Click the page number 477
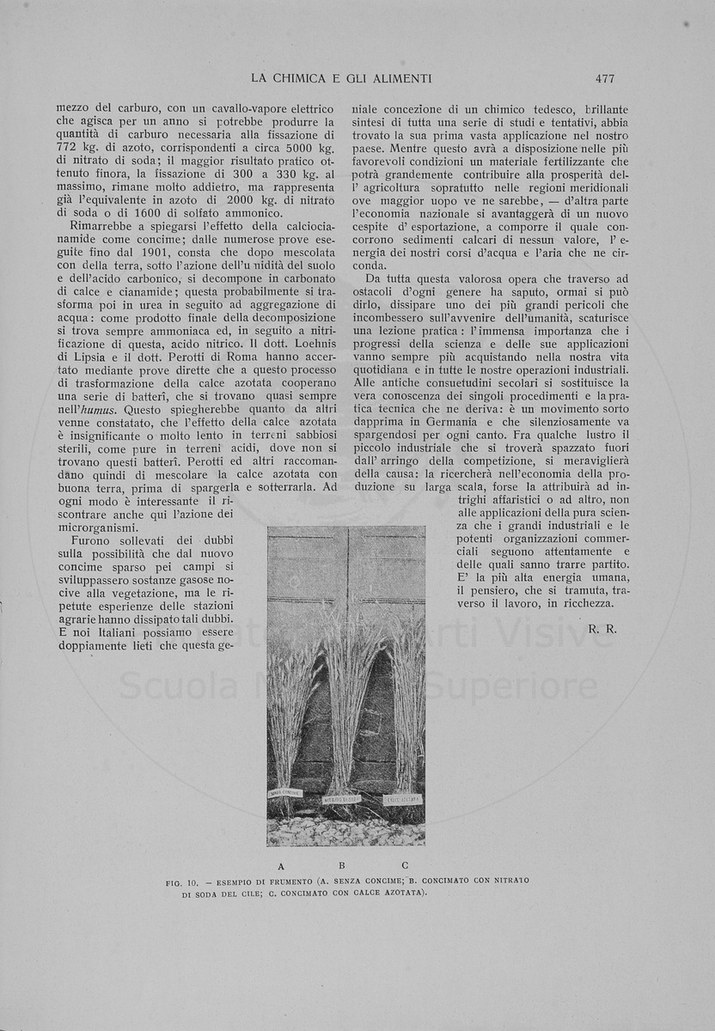pyautogui.click(x=604, y=78)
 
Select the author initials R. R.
pyautogui.click(x=602, y=629)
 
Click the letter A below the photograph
pyautogui.click(x=281, y=865)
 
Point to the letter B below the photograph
pyautogui.click(x=341, y=865)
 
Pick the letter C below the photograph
pyautogui.click(x=404, y=865)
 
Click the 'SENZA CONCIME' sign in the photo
pyautogui.click(x=284, y=793)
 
